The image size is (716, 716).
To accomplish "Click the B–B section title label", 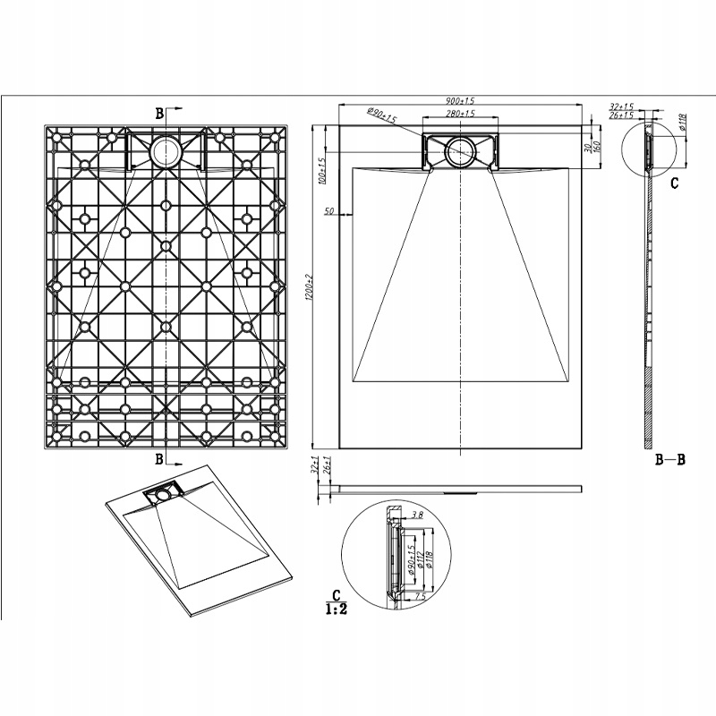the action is [x=669, y=460].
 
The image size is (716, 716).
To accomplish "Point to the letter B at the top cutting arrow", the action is [x=159, y=114].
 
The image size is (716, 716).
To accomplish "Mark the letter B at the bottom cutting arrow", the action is [x=159, y=460].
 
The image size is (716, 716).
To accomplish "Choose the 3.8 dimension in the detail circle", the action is [x=417, y=516].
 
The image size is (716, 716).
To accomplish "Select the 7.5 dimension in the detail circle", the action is [x=419, y=595].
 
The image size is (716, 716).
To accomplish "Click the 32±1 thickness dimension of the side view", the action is [x=316, y=468].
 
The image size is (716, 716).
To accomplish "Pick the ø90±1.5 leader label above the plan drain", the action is [x=382, y=114].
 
